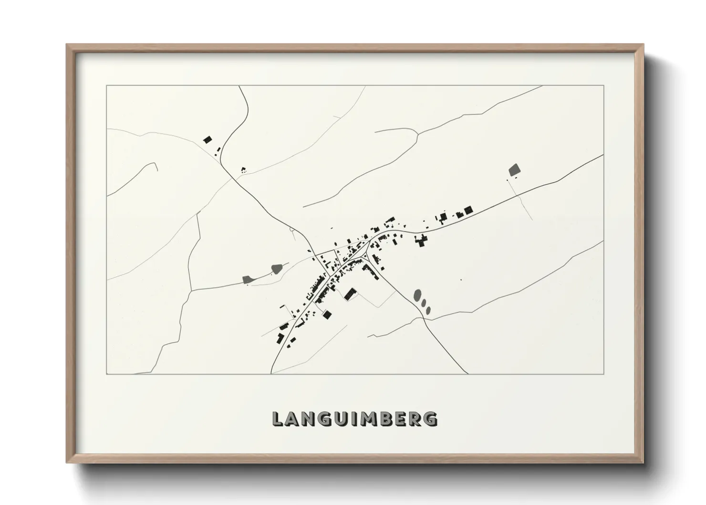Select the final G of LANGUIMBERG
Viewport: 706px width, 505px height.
(431, 419)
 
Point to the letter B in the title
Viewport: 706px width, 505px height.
(384, 419)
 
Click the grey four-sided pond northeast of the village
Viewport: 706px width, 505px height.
(515, 169)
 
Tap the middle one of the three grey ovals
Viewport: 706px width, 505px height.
(424, 303)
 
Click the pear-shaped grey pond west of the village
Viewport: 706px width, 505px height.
(276, 270)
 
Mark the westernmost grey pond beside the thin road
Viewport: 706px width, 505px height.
(247, 279)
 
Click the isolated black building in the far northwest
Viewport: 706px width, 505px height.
(208, 140)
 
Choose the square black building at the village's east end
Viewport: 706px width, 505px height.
(468, 210)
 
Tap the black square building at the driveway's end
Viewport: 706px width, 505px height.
(327, 315)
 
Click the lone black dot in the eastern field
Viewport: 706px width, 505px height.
(461, 280)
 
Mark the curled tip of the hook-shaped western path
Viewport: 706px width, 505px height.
(156, 164)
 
